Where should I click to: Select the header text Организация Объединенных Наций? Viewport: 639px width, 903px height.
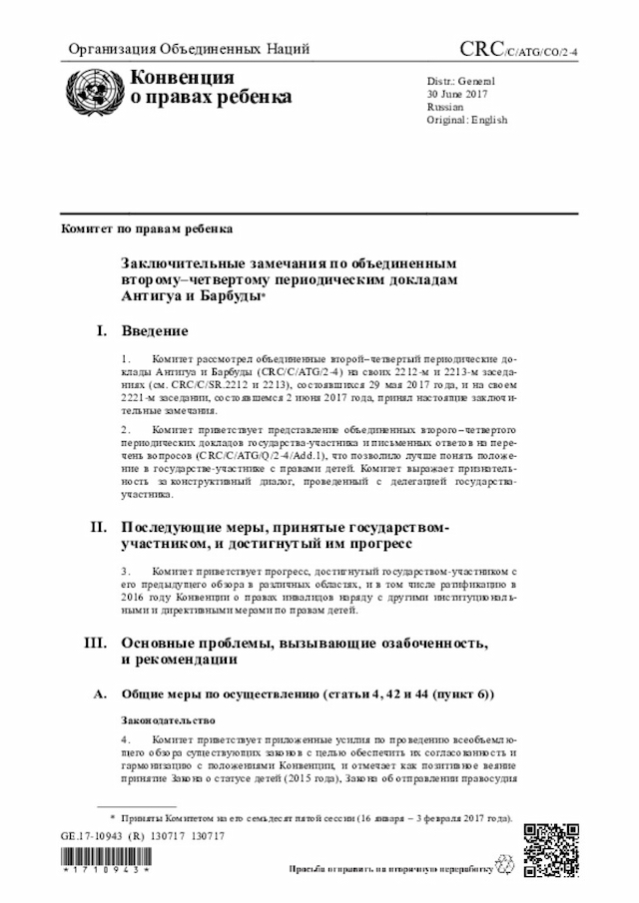188,49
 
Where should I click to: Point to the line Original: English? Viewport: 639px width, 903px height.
466,120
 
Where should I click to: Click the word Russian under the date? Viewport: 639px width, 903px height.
444,106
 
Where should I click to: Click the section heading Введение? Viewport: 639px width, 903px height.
155,330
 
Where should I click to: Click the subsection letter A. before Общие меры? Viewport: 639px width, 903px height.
99,692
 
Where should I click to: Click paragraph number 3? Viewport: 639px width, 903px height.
125,571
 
